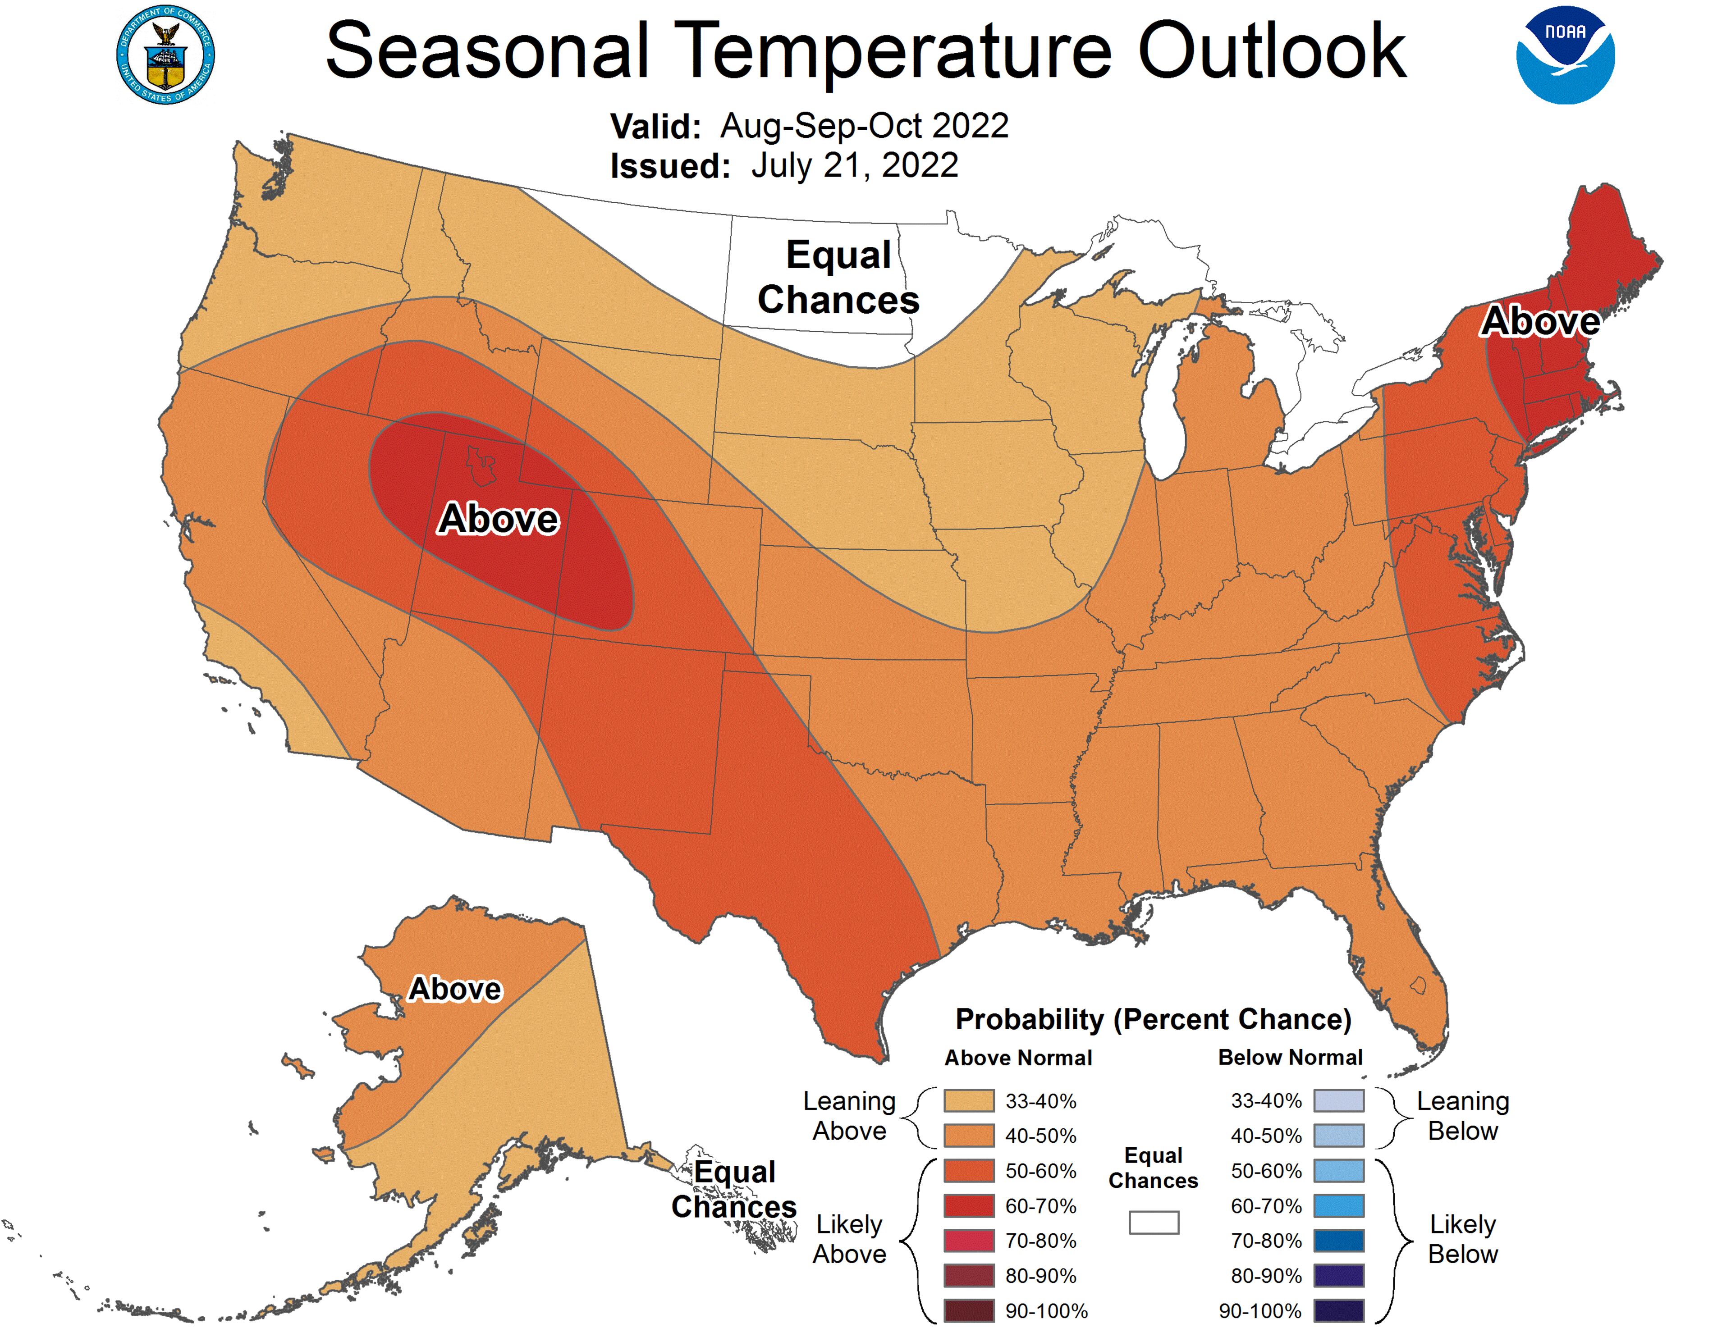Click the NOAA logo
coord(1565,55)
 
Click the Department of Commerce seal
coord(165,55)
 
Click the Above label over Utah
coord(499,519)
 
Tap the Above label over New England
coord(1540,321)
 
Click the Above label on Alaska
coord(455,989)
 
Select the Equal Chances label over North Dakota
coord(838,278)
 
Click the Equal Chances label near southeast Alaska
coord(734,1189)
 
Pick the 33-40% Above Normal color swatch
coord(969,1101)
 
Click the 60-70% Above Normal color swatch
coord(969,1205)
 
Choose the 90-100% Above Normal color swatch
coord(969,1311)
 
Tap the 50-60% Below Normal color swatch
coord(1339,1171)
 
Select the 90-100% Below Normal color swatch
coord(1339,1311)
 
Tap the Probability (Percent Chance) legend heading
coord(1153,1019)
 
